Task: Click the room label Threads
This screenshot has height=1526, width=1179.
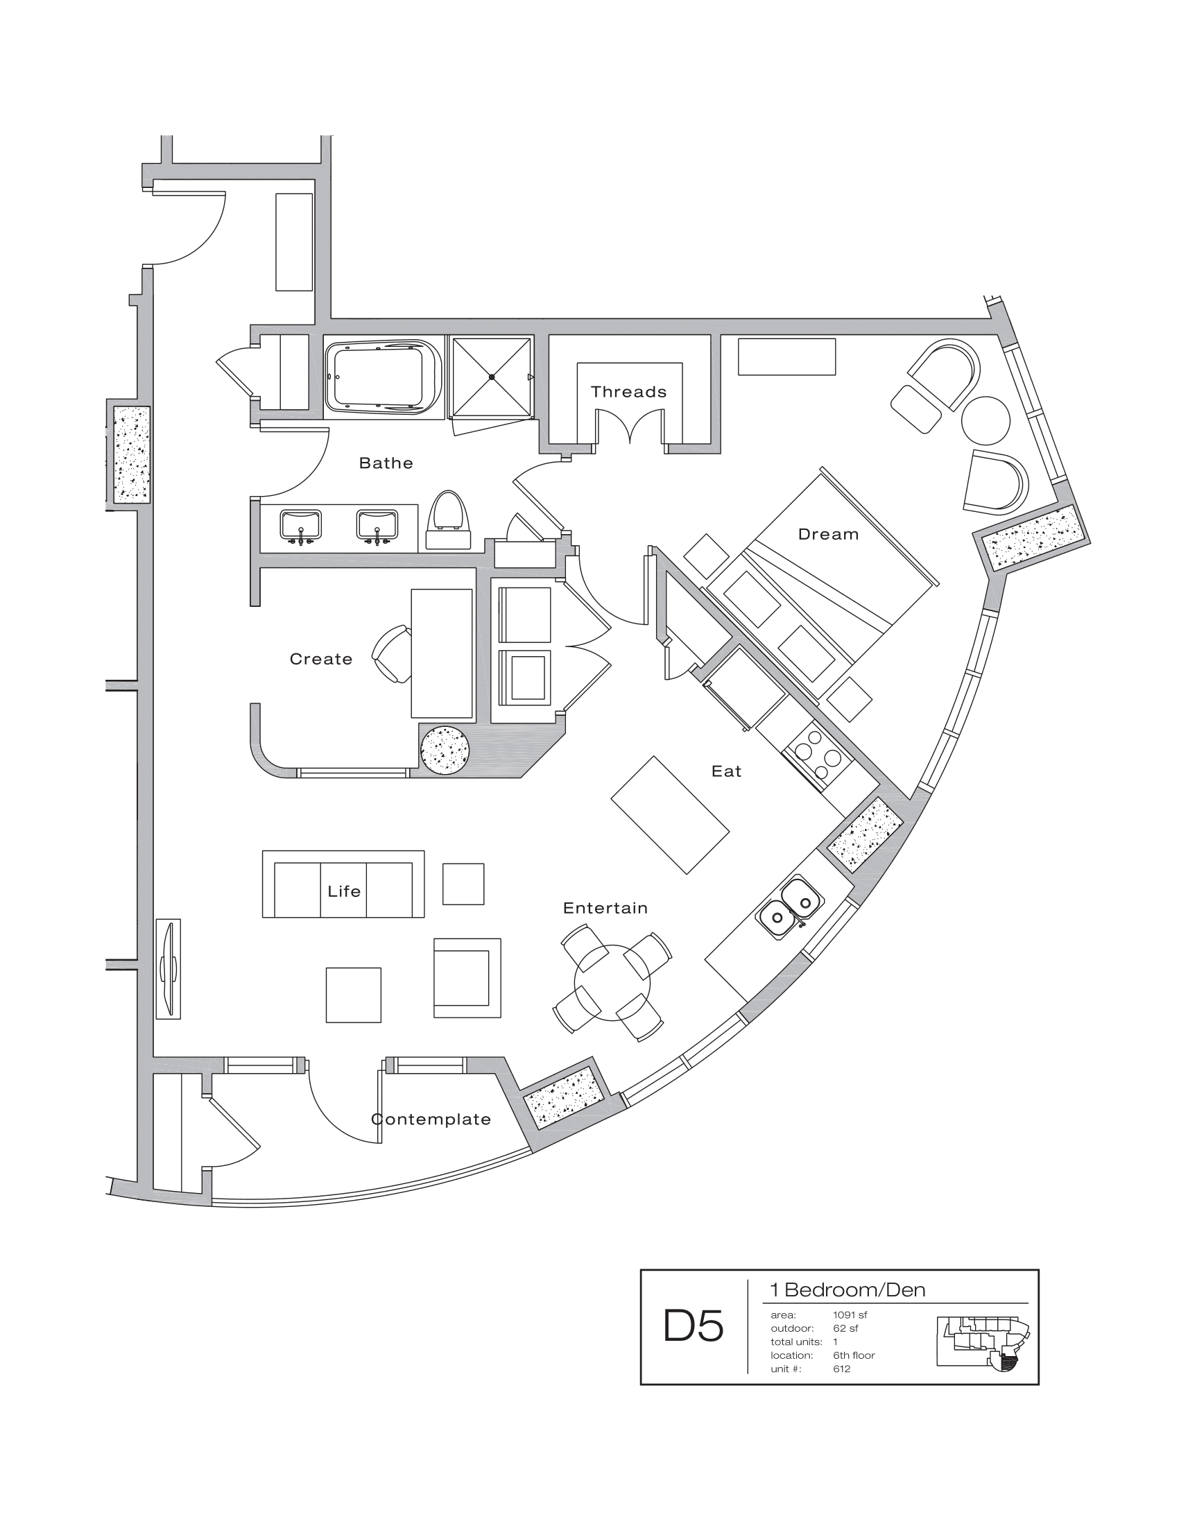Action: click(x=628, y=392)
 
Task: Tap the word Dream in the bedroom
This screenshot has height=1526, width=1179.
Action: click(x=827, y=535)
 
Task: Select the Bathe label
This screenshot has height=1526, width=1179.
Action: click(x=386, y=463)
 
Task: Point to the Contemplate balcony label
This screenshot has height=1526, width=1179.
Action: click(x=431, y=1120)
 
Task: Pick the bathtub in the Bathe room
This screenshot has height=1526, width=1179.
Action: click(x=382, y=379)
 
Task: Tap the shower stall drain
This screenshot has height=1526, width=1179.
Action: click(x=492, y=377)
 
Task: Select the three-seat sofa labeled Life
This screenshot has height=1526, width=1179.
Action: click(x=343, y=884)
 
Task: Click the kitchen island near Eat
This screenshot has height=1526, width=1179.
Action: click(x=670, y=815)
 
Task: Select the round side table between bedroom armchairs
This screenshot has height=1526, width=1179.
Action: click(x=986, y=420)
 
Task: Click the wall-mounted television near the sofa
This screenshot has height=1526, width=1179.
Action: click(x=168, y=968)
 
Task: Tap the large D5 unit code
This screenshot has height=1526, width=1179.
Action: click(x=693, y=1327)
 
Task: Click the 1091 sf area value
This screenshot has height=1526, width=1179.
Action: click(x=850, y=1315)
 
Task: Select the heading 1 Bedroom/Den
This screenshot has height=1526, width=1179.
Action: click(x=847, y=1290)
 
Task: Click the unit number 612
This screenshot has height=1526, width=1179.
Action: click(x=841, y=1369)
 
